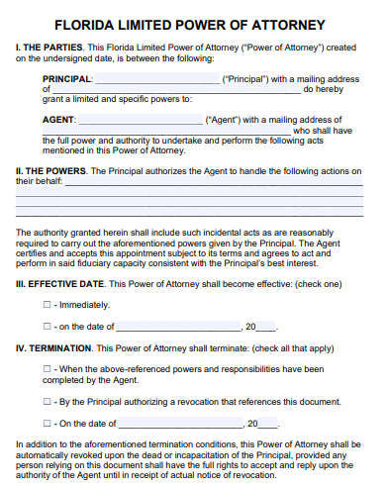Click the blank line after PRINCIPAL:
point(157,79)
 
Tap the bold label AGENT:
point(59,120)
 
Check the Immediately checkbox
point(47,306)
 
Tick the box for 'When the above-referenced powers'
point(47,369)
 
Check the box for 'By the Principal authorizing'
point(47,401)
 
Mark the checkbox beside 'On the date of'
point(47,423)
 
